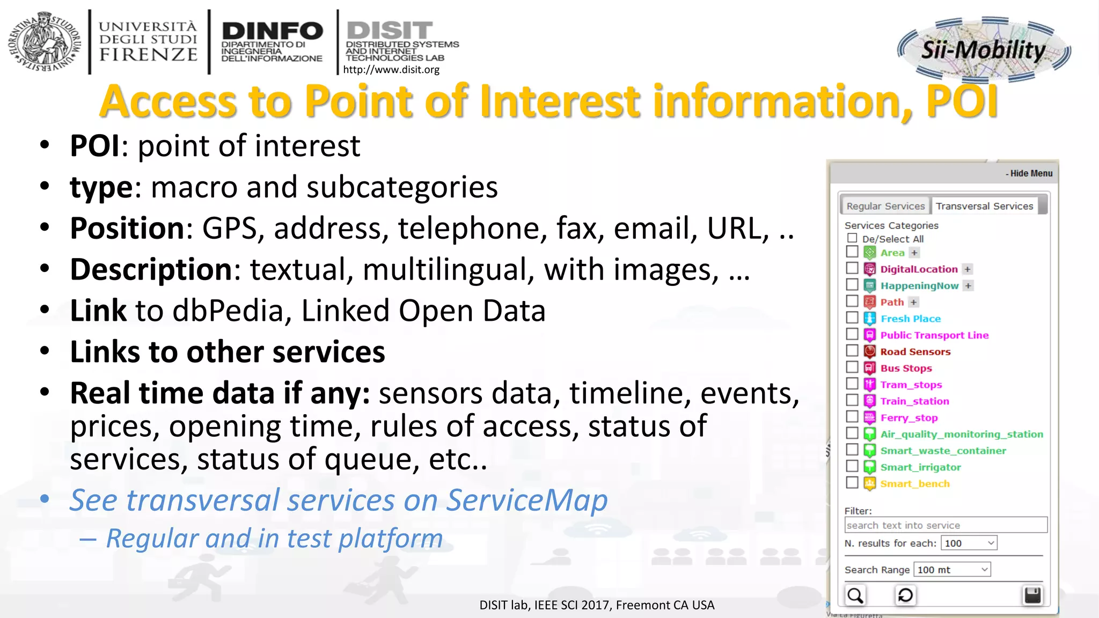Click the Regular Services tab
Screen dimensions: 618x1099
(885, 206)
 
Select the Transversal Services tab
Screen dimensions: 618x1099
(984, 206)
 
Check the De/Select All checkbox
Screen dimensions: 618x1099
(852, 238)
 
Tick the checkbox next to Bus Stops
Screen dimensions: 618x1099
(852, 367)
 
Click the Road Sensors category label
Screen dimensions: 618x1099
(915, 352)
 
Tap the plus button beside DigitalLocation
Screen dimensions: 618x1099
(968, 269)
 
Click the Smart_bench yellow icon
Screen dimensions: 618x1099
(870, 484)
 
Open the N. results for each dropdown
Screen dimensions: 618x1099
(970, 543)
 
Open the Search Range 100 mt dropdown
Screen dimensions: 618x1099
(952, 570)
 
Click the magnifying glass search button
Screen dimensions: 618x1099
(855, 595)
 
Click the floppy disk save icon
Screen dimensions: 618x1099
(1032, 595)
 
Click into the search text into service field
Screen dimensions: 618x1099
(946, 525)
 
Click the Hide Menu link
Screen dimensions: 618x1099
(1029, 173)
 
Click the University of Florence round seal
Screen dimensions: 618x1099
(44, 42)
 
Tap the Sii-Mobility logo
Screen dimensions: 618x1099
(984, 49)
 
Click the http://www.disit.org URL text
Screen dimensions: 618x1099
(391, 70)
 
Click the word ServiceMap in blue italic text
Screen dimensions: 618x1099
(527, 501)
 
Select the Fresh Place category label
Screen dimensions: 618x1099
(910, 319)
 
